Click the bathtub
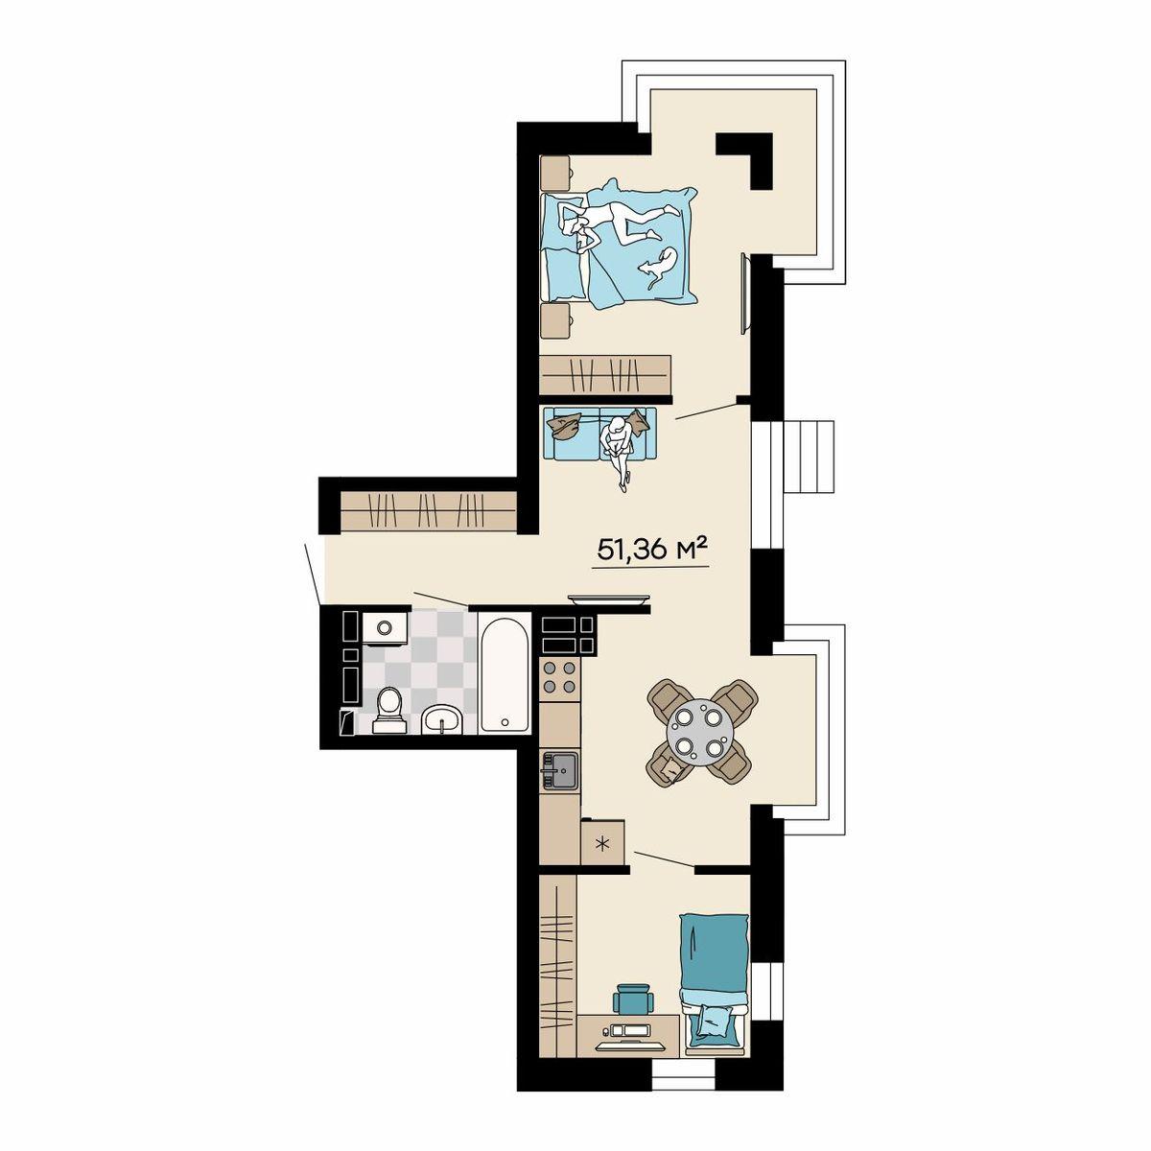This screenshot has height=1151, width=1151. pos(505,674)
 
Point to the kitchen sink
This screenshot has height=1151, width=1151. pos(559,770)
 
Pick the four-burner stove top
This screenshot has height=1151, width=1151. pos(559,677)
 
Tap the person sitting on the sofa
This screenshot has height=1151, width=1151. pos(618,451)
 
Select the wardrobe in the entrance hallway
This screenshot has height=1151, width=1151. pos(428,511)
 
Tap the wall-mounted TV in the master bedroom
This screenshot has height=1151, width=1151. pos(744,294)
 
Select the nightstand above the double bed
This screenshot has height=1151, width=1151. pos(555,173)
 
